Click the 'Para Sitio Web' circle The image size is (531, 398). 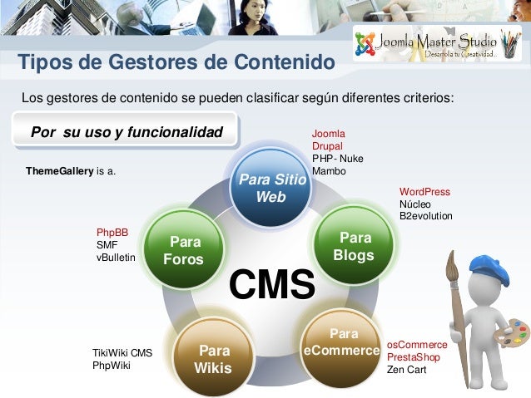tap(270, 189)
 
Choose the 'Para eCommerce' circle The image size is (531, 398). tap(342, 342)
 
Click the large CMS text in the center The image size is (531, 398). tap(272, 283)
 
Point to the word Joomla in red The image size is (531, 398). tap(329, 134)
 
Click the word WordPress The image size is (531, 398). tap(424, 192)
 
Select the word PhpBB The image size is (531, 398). tap(112, 233)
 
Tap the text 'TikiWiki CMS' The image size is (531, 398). tap(122, 352)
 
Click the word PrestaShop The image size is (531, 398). tap(414, 357)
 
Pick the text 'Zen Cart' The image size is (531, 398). tap(406, 370)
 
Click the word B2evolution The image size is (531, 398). tap(426, 216)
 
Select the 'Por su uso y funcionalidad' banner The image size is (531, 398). tap(127, 133)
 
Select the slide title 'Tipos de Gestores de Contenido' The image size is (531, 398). tap(176, 63)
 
